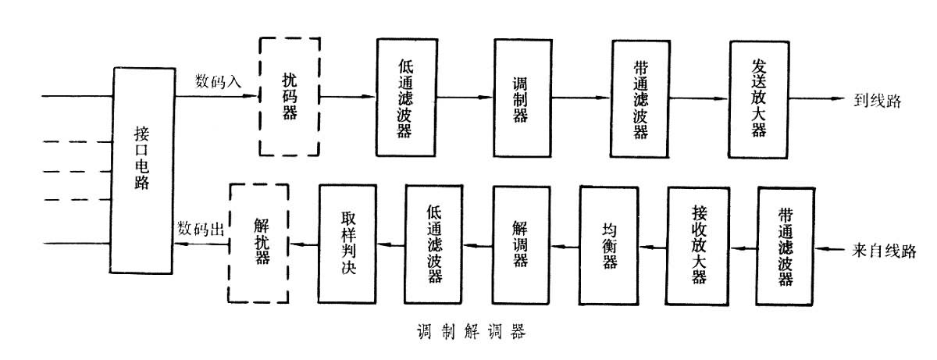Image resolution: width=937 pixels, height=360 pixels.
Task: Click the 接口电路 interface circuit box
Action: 142,170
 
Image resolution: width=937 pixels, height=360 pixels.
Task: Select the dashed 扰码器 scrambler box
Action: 289,97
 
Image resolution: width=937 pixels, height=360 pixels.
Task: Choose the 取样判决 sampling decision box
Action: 347,243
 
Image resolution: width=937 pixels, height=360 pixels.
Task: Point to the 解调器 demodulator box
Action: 522,243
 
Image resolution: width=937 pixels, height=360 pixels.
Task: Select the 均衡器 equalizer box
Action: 609,243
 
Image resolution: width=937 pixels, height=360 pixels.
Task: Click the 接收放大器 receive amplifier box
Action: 697,243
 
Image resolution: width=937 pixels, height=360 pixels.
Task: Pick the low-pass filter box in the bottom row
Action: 434,243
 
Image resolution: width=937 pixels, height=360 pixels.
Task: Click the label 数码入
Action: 218,80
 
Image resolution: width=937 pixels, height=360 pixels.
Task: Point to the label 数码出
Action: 201,229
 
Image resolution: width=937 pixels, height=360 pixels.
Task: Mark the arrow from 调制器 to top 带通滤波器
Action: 581,98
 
